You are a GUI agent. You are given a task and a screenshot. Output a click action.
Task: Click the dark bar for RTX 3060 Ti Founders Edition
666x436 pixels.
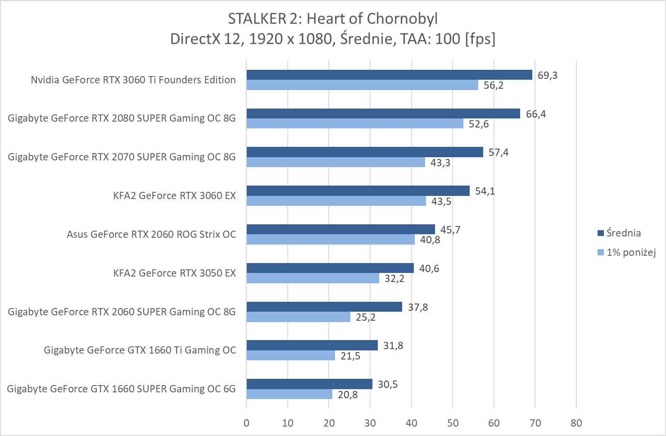coord(389,75)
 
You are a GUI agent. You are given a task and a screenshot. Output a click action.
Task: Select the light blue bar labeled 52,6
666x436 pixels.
coord(355,123)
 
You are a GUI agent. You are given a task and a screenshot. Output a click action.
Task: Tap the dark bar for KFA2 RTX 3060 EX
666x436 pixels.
coord(358,191)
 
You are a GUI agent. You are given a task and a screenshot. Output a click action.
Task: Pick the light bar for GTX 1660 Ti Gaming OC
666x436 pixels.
coord(290,356)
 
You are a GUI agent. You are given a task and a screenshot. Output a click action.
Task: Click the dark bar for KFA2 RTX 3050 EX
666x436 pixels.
coord(330,268)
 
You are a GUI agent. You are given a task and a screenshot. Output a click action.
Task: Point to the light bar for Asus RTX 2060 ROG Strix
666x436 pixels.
coord(331,240)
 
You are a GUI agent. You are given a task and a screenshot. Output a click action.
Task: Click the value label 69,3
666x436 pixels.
coord(547,75)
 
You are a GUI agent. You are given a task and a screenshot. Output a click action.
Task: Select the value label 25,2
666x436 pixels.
coord(365,318)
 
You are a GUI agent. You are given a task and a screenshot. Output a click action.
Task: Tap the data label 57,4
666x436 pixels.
coord(498,153)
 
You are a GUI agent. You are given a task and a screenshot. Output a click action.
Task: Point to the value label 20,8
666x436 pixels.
coord(347,395)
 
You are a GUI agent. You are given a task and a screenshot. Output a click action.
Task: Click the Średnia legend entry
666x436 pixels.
coord(623,233)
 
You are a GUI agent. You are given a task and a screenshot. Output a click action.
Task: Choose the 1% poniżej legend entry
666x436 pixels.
coord(630,252)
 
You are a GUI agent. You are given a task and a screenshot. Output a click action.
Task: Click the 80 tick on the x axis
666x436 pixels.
coord(576,423)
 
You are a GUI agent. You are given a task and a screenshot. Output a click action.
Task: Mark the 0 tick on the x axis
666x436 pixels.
coord(246,423)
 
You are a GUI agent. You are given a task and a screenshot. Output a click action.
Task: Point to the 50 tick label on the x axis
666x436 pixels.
coord(453,423)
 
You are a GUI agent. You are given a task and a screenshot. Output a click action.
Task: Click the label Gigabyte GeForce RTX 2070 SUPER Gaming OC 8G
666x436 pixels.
coord(122,157)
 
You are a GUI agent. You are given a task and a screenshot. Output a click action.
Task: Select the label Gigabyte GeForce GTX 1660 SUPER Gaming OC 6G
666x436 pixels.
coord(121,389)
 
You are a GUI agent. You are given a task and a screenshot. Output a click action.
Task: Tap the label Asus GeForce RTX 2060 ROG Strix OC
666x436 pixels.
coord(151,234)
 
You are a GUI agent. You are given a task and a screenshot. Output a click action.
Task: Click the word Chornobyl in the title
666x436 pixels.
coord(403,18)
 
